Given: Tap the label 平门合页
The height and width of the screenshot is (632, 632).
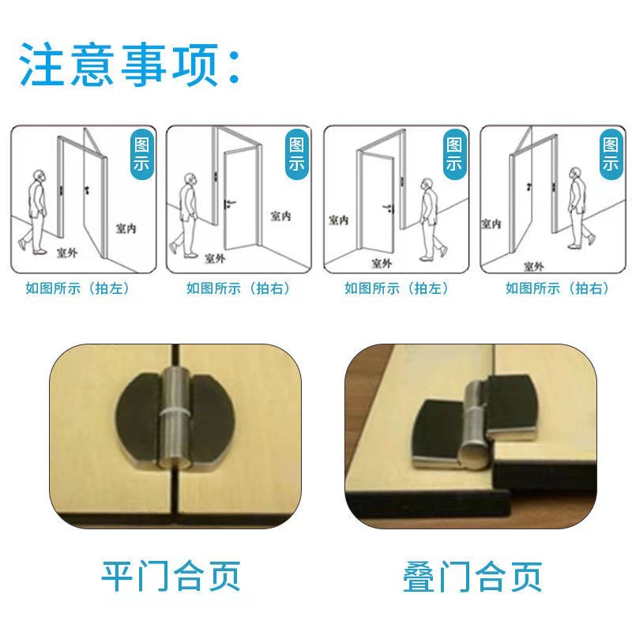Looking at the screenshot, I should tap(170, 576).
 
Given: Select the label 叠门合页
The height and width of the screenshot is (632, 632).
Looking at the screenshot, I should tap(472, 576).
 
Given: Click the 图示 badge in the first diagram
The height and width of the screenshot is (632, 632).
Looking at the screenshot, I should tap(143, 155).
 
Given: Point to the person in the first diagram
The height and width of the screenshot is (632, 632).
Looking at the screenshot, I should tap(36, 210).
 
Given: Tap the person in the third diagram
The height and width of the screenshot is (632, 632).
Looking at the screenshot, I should tap(429, 218).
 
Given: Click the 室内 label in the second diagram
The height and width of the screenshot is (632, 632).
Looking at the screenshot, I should tap(281, 216).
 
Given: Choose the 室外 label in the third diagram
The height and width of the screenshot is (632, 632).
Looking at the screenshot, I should tap(382, 263).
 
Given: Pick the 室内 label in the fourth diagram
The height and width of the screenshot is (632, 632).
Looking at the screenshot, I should tap(491, 224).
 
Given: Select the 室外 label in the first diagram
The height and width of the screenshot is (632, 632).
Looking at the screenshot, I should tap(68, 254).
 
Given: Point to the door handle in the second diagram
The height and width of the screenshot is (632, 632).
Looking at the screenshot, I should tap(228, 205).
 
